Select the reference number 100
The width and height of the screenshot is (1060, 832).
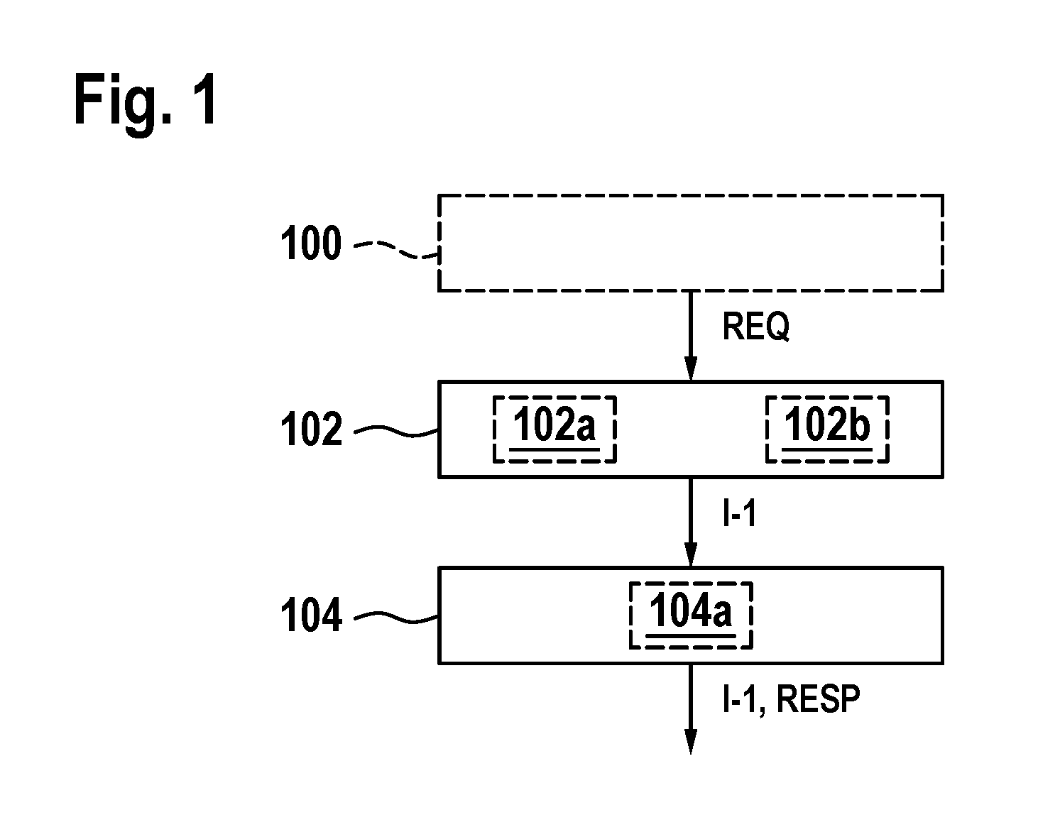point(311,243)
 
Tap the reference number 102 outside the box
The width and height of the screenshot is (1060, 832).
point(311,429)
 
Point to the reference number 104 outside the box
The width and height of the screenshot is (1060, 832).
point(311,615)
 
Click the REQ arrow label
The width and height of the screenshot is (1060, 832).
point(755,327)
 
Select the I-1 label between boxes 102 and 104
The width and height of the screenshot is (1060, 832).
point(740,513)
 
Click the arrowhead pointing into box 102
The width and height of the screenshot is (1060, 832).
point(691,368)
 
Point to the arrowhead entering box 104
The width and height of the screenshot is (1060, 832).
point(691,555)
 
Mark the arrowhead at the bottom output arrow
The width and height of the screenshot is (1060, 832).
point(691,742)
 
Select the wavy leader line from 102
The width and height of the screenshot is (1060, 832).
point(396,431)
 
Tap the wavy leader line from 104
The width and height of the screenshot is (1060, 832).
point(396,618)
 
